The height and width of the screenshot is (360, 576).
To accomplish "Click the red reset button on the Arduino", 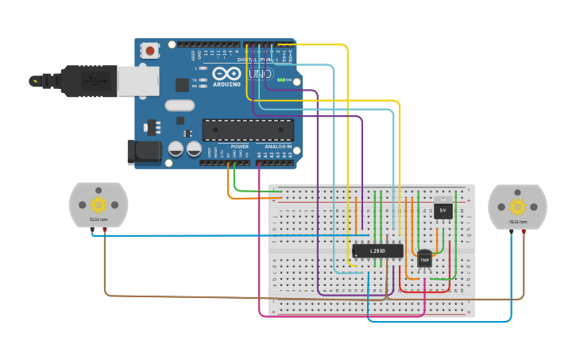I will coord(150,51).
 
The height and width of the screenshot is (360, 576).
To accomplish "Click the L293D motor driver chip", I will coord(377,251).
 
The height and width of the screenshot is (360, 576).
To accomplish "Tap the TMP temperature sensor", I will coord(424,259).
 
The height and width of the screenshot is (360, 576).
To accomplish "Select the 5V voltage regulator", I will coord(443,210).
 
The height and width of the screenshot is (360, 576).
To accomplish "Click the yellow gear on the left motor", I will coord(99,206).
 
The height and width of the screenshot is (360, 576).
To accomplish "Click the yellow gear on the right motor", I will coord(517,207).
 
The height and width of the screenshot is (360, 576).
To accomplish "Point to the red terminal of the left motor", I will coord(105,230).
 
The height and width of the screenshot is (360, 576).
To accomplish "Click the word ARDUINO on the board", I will coord(226,83).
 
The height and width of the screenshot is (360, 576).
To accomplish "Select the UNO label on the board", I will coord(260,74).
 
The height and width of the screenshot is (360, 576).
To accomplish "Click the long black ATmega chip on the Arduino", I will coord(248,130).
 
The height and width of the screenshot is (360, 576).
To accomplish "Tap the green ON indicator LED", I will coord(280,80).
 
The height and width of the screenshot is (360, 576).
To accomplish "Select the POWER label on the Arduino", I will coord(239,147).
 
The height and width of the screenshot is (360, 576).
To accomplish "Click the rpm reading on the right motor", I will coord(517,221).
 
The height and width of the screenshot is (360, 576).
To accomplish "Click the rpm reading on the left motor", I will coord(99,220).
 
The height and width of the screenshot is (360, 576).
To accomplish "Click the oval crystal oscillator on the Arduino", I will coord(180,105).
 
